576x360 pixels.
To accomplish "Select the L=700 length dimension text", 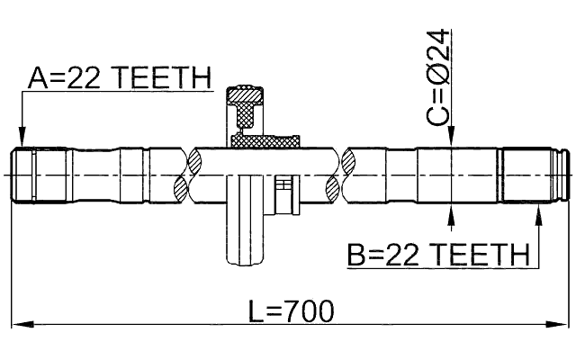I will (291, 311).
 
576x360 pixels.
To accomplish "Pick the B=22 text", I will (386, 256).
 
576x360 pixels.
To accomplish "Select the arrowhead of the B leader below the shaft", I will (540, 212).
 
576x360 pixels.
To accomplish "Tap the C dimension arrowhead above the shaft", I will (450, 140).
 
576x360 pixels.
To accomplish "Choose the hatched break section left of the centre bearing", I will (189, 175).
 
